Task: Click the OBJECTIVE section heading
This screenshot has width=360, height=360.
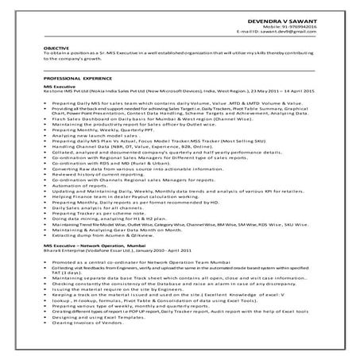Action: tap(55, 48)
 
